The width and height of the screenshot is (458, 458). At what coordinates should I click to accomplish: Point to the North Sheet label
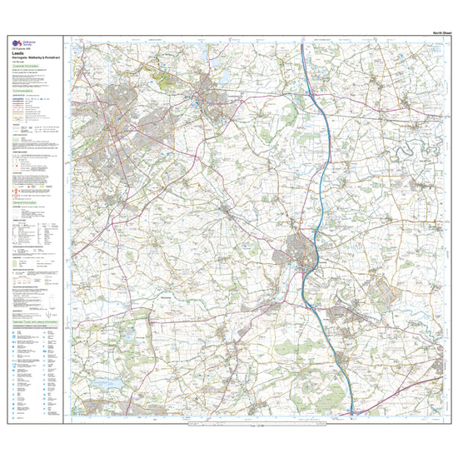click(x=443, y=32)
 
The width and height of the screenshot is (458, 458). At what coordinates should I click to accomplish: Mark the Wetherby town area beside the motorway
click(x=301, y=250)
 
